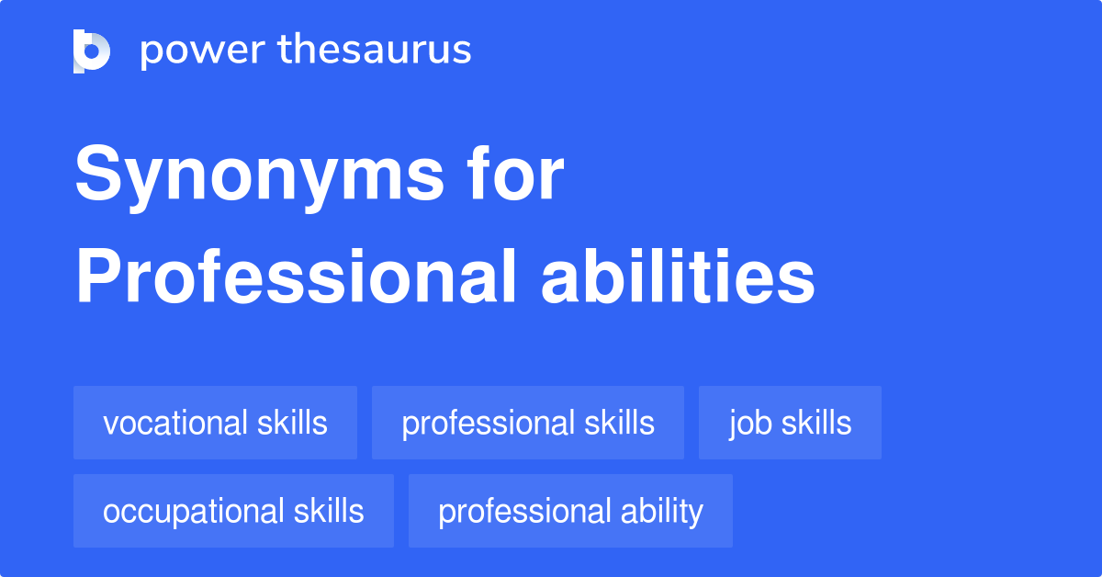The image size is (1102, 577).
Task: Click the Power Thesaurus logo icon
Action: coord(92,51)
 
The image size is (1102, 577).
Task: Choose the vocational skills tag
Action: coord(215,423)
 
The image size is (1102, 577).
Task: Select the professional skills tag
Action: coord(528,423)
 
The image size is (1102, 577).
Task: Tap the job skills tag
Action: coord(790,423)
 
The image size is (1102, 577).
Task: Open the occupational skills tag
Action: coord(233,511)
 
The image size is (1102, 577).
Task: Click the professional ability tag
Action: coord(570,511)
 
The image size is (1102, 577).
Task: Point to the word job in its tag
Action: coord(747,424)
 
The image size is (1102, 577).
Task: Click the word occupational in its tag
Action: coord(194,511)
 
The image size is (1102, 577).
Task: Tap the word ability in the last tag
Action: coord(661,511)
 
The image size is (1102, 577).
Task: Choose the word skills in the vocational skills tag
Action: coord(292,423)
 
